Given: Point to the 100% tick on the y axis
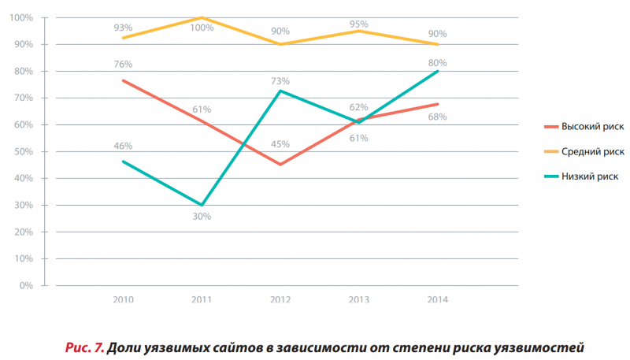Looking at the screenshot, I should point(21,17).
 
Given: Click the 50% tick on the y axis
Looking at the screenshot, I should point(24,151).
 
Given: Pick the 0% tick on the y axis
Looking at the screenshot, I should point(26,285).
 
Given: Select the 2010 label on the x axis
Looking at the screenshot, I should point(123,300).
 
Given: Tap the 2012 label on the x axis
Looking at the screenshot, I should point(280,300).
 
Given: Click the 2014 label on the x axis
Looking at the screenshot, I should point(438,300).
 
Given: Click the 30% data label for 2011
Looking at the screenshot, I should point(202,217).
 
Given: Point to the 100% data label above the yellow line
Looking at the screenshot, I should point(202,28).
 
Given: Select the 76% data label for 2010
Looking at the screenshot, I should point(123,64).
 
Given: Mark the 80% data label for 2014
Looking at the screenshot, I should point(438,62).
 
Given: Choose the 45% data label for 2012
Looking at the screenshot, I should point(280,144).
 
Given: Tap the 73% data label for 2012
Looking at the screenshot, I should point(280,80).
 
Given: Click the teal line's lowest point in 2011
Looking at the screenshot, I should point(202,205).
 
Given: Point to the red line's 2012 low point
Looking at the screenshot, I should point(280,164).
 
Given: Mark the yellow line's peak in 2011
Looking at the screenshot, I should point(202,17).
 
